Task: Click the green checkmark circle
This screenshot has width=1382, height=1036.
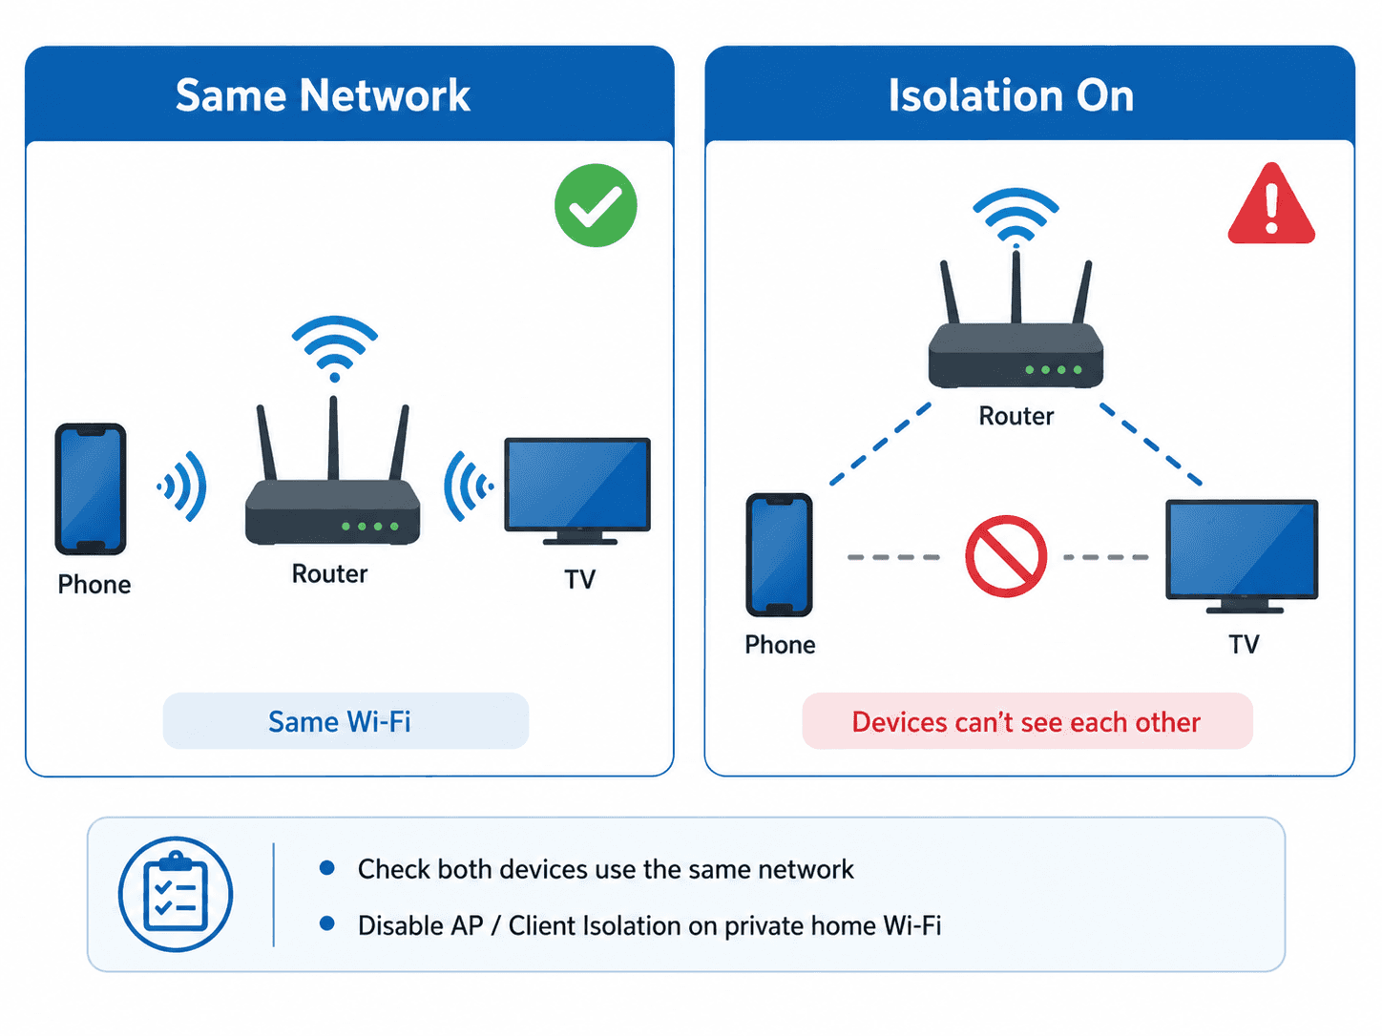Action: click(x=595, y=205)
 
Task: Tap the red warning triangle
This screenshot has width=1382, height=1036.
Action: click(x=1270, y=204)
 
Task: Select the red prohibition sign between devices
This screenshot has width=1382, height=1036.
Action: click(x=1006, y=556)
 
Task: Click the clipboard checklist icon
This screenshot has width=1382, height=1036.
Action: click(x=175, y=893)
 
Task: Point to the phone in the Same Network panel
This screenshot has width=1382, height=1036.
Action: click(x=91, y=488)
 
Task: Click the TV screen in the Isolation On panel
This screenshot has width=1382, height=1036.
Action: click(x=1241, y=549)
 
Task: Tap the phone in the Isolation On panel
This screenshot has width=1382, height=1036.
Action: click(x=779, y=555)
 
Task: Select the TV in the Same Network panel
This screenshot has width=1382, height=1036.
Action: click(x=577, y=490)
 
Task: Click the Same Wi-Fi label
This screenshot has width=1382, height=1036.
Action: click(x=340, y=721)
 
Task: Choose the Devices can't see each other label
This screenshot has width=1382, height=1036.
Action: click(x=1026, y=722)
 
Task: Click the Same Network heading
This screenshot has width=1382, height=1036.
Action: click(x=323, y=95)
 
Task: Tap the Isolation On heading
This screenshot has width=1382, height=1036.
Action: click(x=1011, y=95)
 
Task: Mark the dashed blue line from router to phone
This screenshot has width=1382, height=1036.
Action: click(x=880, y=445)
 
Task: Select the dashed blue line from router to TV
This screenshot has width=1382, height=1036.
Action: click(x=1151, y=445)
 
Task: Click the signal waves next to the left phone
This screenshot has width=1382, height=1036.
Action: click(x=182, y=487)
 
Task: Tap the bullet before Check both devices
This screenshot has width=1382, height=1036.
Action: click(x=326, y=868)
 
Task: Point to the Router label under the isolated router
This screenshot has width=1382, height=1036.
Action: click(x=1016, y=417)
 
